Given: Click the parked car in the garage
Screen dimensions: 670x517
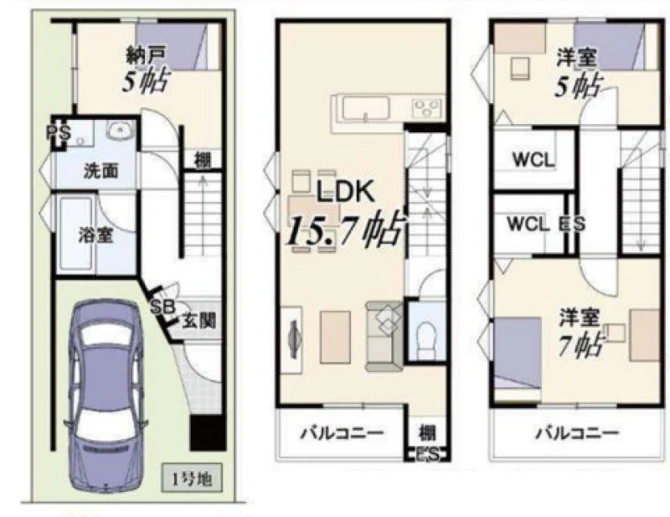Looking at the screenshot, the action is point(106,396).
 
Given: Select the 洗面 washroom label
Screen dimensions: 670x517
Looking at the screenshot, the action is point(100,171).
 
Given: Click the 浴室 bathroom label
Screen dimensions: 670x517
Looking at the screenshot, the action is point(96,235).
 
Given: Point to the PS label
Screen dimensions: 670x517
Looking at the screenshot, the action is point(59,133).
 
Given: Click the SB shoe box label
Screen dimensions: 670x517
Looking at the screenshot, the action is point(162,307).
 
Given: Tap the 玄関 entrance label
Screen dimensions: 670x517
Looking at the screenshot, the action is point(198,320).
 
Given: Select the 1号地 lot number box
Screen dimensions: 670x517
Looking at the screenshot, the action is point(192,478).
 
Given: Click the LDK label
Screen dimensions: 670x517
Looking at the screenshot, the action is point(345,191).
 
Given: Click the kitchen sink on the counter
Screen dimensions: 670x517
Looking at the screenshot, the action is point(366,109).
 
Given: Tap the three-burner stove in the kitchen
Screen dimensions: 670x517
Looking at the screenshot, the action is point(426,108).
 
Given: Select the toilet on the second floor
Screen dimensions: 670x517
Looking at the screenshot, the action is point(425,340).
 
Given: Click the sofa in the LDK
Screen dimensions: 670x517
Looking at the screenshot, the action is point(384,336).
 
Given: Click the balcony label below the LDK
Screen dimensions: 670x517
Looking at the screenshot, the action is point(342,433).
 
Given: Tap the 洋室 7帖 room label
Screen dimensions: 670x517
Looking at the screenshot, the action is point(580,332).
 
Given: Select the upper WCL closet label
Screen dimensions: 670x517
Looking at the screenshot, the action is point(533,160).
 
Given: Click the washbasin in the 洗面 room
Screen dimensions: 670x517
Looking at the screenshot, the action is point(121,131).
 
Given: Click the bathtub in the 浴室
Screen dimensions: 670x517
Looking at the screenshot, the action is point(76,235).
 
